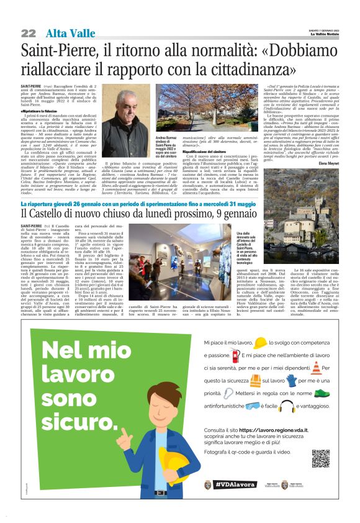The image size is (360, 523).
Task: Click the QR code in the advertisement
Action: (x=320, y=458)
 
